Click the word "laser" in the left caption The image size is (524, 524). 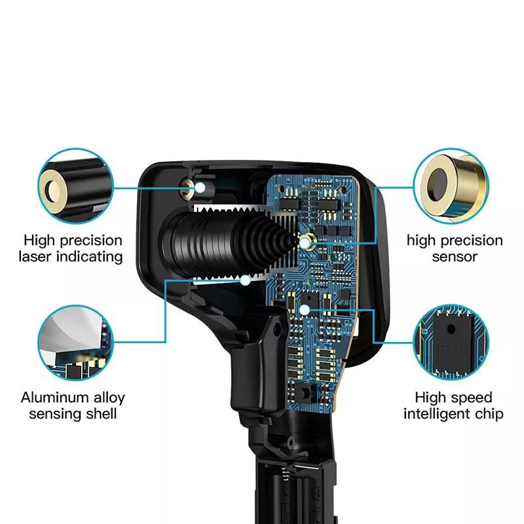point(35,257)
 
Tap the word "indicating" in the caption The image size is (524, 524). point(90,257)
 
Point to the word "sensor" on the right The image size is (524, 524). point(455,257)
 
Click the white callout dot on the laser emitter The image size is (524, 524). point(200,188)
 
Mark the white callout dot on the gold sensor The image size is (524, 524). point(305,243)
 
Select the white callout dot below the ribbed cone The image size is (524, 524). point(246,280)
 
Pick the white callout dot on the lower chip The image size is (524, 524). point(305,310)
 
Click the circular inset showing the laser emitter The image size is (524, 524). point(75,186)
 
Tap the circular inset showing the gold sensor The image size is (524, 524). point(451,186)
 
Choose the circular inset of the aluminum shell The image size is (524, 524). point(75,343)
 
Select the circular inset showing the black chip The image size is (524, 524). point(451,342)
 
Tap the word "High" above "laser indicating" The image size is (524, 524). point(39,240)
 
